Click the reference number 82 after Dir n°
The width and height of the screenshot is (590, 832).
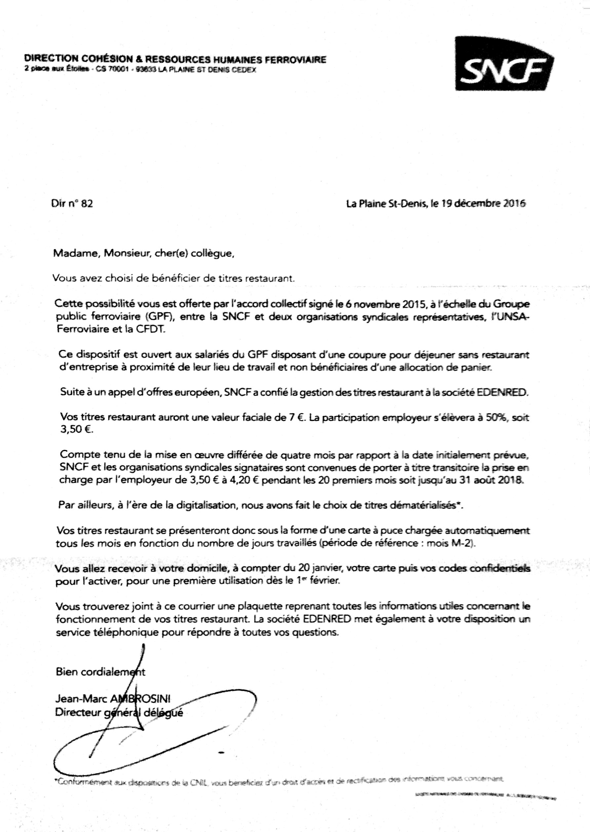click(x=87, y=204)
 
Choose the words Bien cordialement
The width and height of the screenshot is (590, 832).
click(x=100, y=672)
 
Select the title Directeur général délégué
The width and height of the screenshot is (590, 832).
click(x=119, y=712)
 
